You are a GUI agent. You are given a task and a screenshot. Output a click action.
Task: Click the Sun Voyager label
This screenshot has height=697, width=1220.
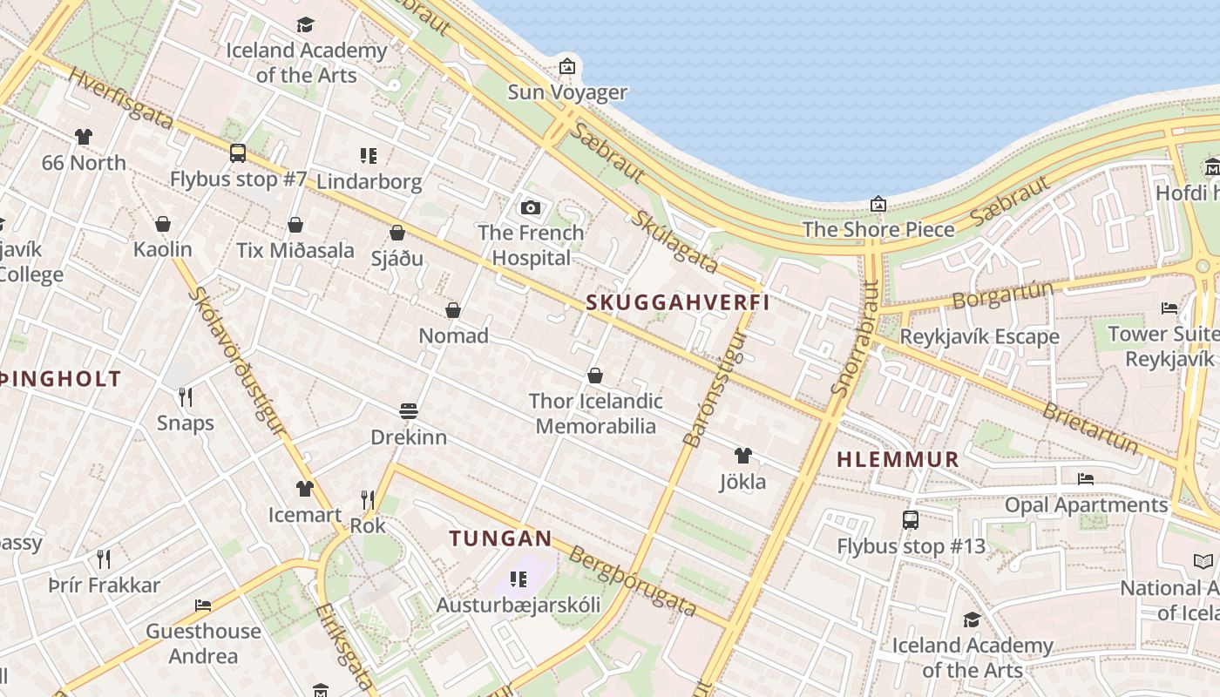click(x=567, y=92)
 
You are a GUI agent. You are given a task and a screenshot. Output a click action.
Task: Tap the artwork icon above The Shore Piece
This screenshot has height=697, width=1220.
click(x=878, y=204)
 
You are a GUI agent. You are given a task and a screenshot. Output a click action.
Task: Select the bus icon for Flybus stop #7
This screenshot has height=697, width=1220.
click(x=238, y=153)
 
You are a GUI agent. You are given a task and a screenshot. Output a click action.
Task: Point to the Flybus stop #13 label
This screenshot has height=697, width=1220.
click(x=911, y=547)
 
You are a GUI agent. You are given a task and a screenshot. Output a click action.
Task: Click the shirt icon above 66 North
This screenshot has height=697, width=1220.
click(x=83, y=137)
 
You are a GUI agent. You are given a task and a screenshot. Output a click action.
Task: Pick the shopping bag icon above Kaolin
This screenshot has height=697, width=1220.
click(x=163, y=224)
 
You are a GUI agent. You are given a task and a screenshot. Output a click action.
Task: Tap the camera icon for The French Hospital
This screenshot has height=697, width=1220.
click(x=530, y=207)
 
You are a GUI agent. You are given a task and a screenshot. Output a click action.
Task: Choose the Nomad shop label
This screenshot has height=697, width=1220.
click(x=453, y=335)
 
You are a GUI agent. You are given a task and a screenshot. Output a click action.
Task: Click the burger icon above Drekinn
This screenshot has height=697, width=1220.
click(x=409, y=410)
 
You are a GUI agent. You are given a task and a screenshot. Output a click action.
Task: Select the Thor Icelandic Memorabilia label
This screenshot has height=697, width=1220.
click(x=596, y=414)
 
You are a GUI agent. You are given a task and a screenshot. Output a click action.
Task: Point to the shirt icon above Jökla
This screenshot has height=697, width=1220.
click(x=742, y=455)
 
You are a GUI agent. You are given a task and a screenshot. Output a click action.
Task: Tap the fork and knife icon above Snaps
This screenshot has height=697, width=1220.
click(x=185, y=397)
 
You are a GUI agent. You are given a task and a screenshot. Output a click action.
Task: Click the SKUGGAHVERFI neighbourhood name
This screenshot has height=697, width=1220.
click(x=678, y=302)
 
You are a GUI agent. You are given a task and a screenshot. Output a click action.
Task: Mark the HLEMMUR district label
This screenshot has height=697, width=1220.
click(x=898, y=459)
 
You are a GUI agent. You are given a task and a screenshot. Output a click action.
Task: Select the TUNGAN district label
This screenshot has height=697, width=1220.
click(x=501, y=538)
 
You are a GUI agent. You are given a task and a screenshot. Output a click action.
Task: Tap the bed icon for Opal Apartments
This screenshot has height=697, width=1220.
click(x=1086, y=478)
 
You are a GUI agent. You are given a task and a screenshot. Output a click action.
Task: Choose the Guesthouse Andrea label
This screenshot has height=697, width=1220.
click(x=203, y=643)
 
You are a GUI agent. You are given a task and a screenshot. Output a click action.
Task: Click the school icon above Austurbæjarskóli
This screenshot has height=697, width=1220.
click(x=518, y=579)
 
